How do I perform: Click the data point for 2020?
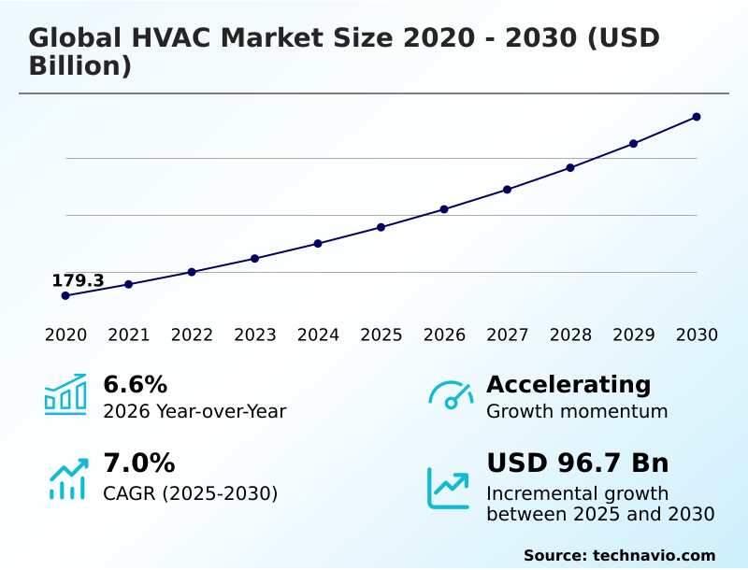(x=65, y=295)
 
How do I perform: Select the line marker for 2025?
(x=381, y=227)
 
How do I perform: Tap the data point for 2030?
(x=697, y=117)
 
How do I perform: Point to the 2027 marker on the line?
(x=508, y=190)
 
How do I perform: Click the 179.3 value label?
(x=78, y=280)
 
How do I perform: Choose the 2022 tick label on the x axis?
(x=192, y=335)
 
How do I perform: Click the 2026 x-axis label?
(x=444, y=335)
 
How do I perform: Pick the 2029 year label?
(x=634, y=335)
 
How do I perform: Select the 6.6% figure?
(x=135, y=384)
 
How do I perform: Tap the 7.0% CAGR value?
(x=138, y=463)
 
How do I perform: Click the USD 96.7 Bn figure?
(x=577, y=463)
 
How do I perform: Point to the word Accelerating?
(x=568, y=384)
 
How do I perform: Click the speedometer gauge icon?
(x=451, y=395)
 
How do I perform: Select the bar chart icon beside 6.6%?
(x=65, y=394)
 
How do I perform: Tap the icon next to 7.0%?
(x=67, y=478)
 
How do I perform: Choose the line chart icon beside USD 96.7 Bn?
(x=449, y=487)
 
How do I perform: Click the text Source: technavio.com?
(x=619, y=555)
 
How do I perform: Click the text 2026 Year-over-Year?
(x=194, y=411)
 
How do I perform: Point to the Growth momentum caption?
(x=577, y=411)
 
